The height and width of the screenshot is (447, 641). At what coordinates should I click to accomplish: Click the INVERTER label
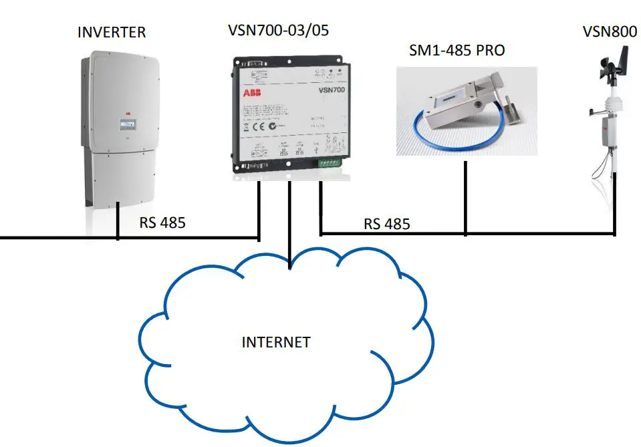pyautogui.click(x=112, y=31)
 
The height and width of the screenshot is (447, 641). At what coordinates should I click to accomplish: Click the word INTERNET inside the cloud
pyautogui.click(x=276, y=342)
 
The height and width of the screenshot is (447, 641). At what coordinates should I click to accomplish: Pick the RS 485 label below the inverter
pyautogui.click(x=162, y=222)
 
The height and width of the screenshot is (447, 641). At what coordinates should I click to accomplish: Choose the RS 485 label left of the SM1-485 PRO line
pyautogui.click(x=387, y=223)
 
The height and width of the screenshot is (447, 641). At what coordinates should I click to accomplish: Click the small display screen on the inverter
pyautogui.click(x=125, y=125)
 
